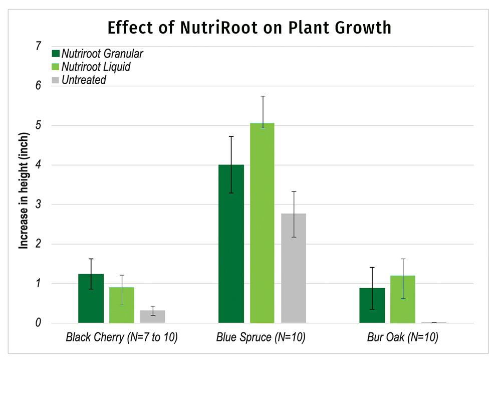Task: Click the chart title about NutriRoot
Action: pyautogui.click(x=249, y=28)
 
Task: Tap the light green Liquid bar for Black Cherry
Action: pyautogui.click(x=122, y=305)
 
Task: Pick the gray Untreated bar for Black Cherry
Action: pyautogui.click(x=153, y=317)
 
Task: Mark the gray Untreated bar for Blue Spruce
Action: pyautogui.click(x=294, y=268)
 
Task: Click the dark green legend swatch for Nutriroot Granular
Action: pyautogui.click(x=55, y=54)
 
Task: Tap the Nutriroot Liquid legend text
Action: pyautogui.click(x=96, y=67)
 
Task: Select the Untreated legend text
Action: pyautogui.click(x=84, y=80)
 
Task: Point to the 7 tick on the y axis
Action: pyautogui.click(x=38, y=46)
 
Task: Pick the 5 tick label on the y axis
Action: pyautogui.click(x=38, y=125)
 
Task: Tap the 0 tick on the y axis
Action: pyautogui.click(x=38, y=323)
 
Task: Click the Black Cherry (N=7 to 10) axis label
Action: pyautogui.click(x=122, y=337)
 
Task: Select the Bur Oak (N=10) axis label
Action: pyautogui.click(x=402, y=337)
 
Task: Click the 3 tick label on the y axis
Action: pyautogui.click(x=38, y=205)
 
